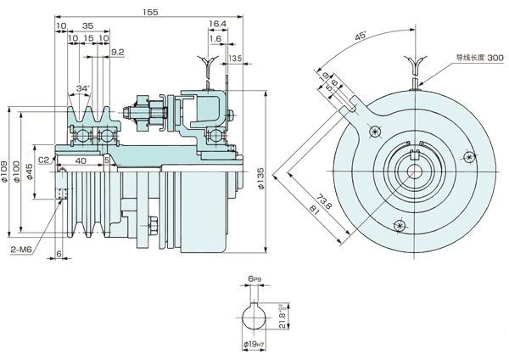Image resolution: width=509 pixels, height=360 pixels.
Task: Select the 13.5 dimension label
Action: [236, 58]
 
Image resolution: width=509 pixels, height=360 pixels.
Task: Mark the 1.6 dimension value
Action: [215, 39]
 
